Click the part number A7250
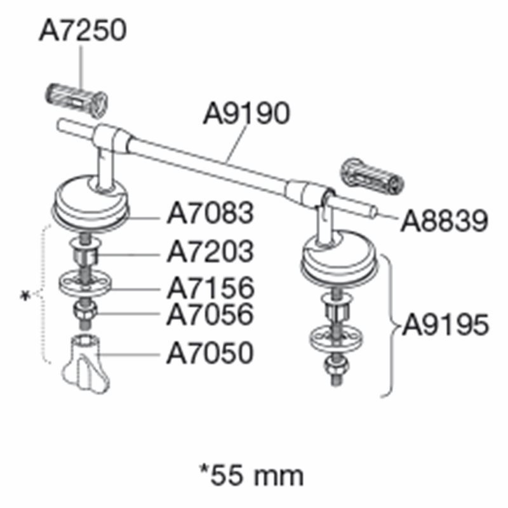83,30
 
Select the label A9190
246,113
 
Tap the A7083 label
210,213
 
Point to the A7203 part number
210,251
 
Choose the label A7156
211,288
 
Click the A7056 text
210,314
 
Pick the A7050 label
210,352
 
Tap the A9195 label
446,325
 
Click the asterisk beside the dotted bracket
25,296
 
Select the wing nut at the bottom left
86,364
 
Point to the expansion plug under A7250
76,100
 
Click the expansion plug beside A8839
372,177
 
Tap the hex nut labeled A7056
85,311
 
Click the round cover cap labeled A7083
90,202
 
